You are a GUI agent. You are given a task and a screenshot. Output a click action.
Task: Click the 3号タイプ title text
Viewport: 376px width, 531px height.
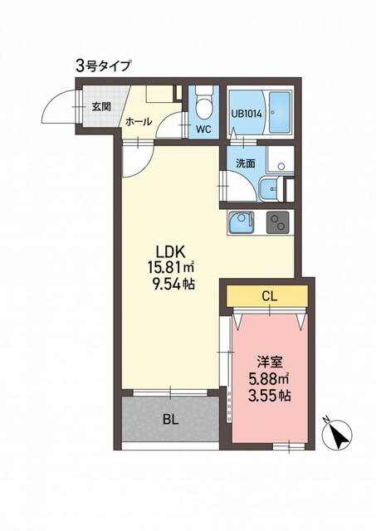(x=103, y=66)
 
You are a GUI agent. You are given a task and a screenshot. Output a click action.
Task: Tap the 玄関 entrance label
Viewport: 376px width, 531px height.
(x=101, y=107)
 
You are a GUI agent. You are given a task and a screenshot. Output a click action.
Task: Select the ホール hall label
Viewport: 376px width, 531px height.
(x=139, y=122)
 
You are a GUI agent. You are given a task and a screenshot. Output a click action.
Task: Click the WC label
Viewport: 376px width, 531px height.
(x=204, y=129)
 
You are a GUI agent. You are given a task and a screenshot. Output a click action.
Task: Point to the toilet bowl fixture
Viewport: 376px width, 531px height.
(x=204, y=102)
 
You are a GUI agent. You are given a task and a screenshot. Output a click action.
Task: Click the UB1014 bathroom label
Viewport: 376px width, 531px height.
(x=247, y=114)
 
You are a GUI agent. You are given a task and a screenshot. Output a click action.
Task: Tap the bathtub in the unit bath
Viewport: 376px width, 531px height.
(x=280, y=113)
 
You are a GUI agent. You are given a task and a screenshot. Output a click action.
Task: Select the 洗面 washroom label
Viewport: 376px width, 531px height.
(x=245, y=163)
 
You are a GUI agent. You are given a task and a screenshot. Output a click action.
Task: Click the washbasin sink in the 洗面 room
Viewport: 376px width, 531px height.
(x=271, y=189)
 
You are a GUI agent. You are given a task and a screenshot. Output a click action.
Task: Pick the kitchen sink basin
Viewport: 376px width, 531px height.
(x=241, y=222)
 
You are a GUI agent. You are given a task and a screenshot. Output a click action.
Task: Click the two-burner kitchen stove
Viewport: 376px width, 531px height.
(x=278, y=222)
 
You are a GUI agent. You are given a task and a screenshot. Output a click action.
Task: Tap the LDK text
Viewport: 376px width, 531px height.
(x=169, y=252)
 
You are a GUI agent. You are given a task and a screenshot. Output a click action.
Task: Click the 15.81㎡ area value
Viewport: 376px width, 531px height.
(x=170, y=268)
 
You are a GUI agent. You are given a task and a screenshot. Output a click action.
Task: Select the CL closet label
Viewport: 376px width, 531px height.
(x=270, y=296)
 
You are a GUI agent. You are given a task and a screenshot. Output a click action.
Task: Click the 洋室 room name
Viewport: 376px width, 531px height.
(x=269, y=363)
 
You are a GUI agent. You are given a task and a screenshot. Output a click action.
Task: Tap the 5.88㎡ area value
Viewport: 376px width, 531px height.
(x=269, y=379)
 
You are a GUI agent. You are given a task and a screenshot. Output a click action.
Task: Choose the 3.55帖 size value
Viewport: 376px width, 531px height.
(x=269, y=395)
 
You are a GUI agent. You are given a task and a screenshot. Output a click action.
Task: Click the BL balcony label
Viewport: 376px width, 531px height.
(x=171, y=420)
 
